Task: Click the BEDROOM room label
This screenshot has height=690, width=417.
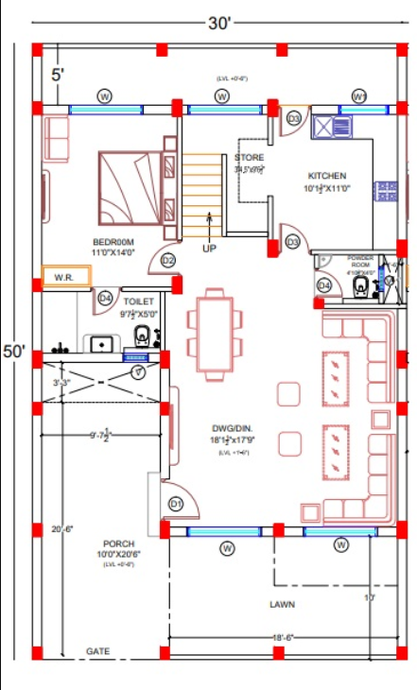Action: [x=113, y=241]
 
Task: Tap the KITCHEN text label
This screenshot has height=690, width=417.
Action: [x=326, y=176]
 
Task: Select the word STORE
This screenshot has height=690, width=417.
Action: [x=250, y=157]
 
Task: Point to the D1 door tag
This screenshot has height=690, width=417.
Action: [x=175, y=505]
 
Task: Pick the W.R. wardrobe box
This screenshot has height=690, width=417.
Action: [x=65, y=278]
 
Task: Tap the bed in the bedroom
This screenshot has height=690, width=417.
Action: [x=130, y=185]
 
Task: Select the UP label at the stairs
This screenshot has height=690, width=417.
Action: [x=209, y=249]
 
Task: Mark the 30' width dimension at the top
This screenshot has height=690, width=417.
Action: [x=218, y=22]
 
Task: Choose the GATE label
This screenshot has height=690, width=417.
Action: [x=97, y=651]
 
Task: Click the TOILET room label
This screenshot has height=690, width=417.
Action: [x=138, y=301]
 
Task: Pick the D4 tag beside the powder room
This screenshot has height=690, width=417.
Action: [x=324, y=285]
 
